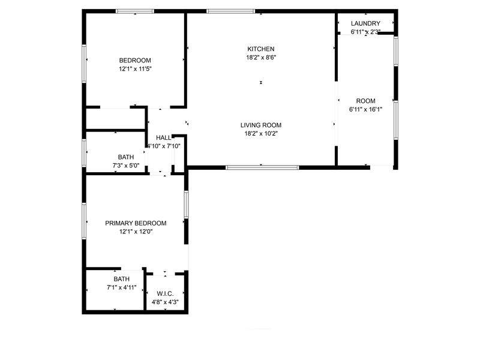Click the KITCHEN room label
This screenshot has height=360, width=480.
pyautogui.click(x=261, y=49)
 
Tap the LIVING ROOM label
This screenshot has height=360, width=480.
pyautogui.click(x=261, y=125)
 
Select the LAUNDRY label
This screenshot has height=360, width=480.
pyautogui.click(x=365, y=23)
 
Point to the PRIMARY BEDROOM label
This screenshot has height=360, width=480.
pyautogui.click(x=136, y=223)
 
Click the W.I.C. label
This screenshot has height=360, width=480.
pyautogui.click(x=165, y=294)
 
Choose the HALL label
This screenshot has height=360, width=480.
pyautogui.click(x=163, y=138)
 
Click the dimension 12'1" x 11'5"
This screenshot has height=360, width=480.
pyautogui.click(x=136, y=69)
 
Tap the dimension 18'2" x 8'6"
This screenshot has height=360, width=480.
pyautogui.click(x=261, y=57)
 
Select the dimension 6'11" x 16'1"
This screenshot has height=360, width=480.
pyautogui.click(x=366, y=109)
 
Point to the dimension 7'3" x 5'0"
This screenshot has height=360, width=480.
pyautogui.click(x=126, y=166)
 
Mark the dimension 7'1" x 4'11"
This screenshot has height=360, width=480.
pyautogui.click(x=122, y=287)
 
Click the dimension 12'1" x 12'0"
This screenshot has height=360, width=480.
pyautogui.click(x=136, y=232)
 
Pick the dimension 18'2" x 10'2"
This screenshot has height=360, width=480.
pyautogui.click(x=261, y=133)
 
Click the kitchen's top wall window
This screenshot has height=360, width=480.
pyautogui.click(x=230, y=11)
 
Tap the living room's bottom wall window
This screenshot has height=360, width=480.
pyautogui.click(x=262, y=167)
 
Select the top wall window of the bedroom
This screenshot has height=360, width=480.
pyautogui.click(x=134, y=11)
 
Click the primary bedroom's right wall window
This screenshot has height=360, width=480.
pyautogui.click(x=186, y=205)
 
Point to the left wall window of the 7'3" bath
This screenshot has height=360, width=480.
pyautogui.click(x=84, y=153)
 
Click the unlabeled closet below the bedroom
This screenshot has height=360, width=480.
pyautogui.click(x=115, y=119)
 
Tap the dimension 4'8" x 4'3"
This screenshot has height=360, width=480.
pyautogui.click(x=166, y=302)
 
